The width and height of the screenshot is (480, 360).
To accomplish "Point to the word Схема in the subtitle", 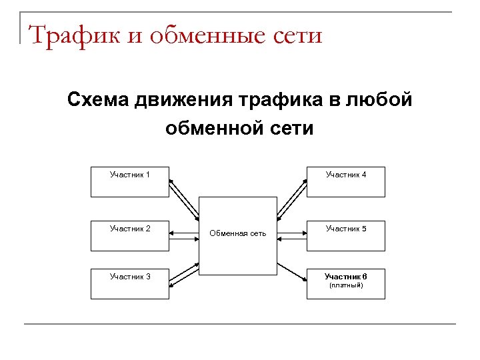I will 98,101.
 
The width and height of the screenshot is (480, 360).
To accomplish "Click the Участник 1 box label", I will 129,175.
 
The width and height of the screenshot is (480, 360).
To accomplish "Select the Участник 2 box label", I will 129,229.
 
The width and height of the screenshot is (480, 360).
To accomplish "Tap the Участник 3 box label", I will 129,276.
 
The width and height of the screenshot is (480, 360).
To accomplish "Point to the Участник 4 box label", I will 346,175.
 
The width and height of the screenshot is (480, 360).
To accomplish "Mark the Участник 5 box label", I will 346,229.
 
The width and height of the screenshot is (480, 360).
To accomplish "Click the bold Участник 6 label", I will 346,276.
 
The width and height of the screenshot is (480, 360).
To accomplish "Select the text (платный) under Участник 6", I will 346,285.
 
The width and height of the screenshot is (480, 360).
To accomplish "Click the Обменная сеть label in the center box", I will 238,233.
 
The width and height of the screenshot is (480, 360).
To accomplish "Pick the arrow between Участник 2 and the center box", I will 185,234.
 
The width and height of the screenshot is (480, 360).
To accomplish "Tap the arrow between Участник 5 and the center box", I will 291,234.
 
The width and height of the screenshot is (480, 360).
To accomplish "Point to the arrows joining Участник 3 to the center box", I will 185,275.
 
